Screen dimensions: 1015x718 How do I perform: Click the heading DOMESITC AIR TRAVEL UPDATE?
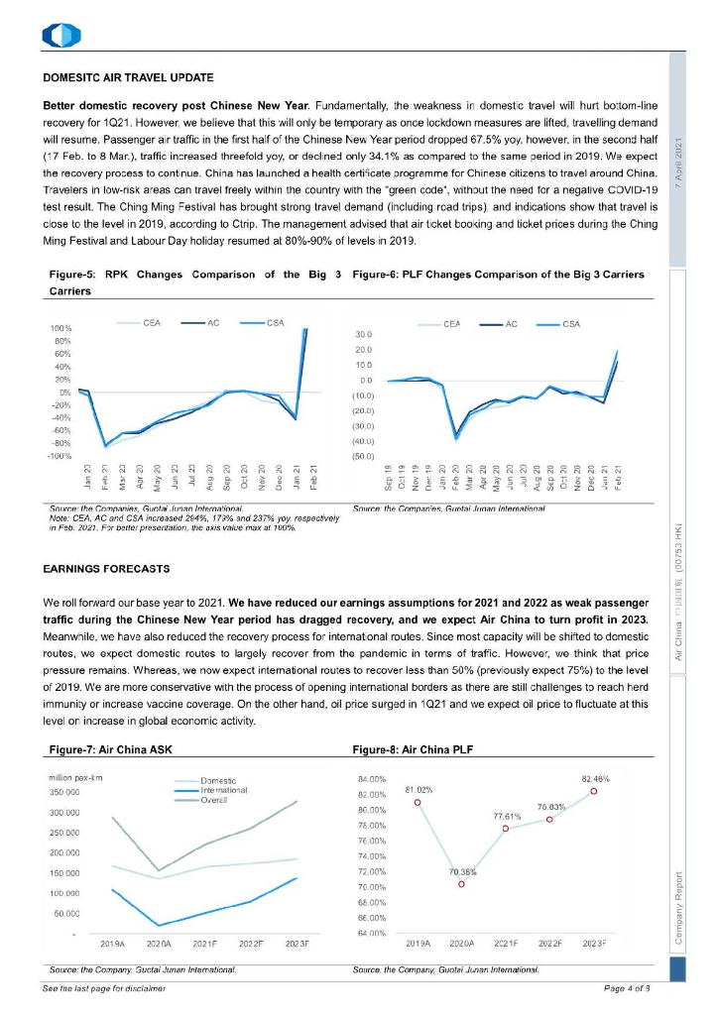coord(129,76)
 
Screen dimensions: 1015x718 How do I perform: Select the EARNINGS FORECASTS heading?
coord(107,569)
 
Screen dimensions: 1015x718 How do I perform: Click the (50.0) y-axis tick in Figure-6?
coord(363,457)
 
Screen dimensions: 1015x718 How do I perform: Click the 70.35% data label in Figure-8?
coord(462,872)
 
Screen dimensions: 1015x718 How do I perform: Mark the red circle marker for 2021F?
coord(506,828)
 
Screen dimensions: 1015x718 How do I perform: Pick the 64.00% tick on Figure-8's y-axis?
coord(370,934)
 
